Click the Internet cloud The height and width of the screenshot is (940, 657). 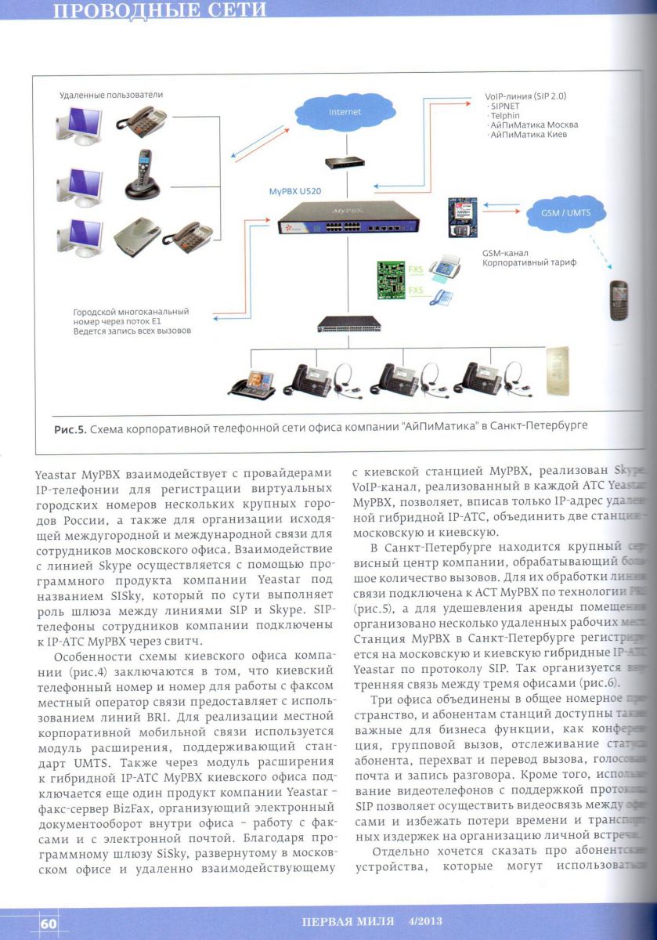(345, 112)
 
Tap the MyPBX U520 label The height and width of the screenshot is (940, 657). (297, 190)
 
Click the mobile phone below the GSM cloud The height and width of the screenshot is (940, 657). (619, 299)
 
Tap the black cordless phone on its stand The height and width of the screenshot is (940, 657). (143, 178)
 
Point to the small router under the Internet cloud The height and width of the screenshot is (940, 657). (345, 162)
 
